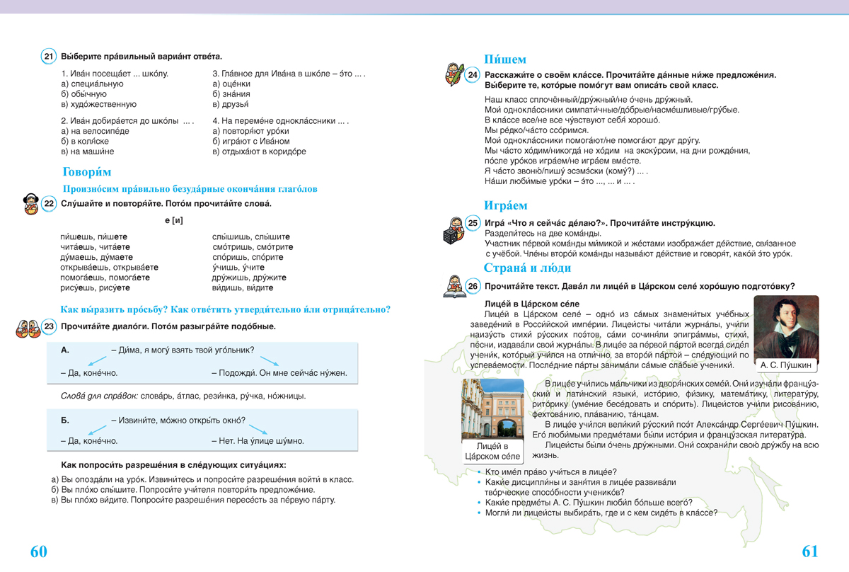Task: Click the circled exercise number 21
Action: pyautogui.click(x=49, y=57)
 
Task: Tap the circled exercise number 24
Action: pyautogui.click(x=473, y=75)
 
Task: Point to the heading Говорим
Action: pyautogui.click(x=87, y=172)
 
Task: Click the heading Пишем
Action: pyautogui.click(x=504, y=59)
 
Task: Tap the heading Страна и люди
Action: pyautogui.click(x=527, y=268)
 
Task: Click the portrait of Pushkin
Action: pyautogui.click(x=786, y=326)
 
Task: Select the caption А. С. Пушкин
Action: pyautogui.click(x=786, y=365)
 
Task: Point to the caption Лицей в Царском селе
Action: pyautogui.click(x=492, y=451)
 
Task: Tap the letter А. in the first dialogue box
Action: pyautogui.click(x=65, y=350)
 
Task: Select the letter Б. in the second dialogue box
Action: pyautogui.click(x=65, y=421)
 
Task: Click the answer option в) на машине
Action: pyautogui.click(x=88, y=151)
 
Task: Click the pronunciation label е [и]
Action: pyautogui.click(x=174, y=220)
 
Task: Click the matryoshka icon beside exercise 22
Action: pyautogui.click(x=30, y=204)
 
